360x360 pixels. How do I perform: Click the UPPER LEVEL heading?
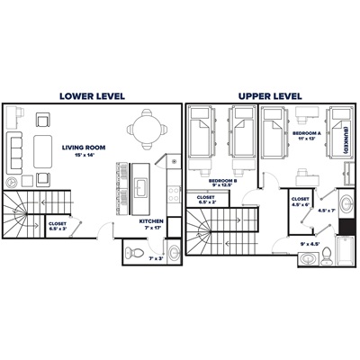pyautogui.click(x=269, y=94)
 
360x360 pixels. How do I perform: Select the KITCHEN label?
pyautogui.click(x=151, y=221)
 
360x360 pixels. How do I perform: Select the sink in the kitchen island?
pyautogui.click(x=140, y=187)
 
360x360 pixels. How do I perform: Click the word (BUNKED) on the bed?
pyautogui.click(x=346, y=139)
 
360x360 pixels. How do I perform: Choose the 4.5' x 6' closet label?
pyautogui.click(x=301, y=202)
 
